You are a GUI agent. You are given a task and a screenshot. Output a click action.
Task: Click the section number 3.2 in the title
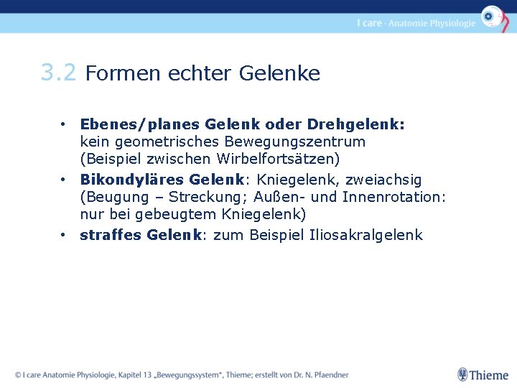[58, 73]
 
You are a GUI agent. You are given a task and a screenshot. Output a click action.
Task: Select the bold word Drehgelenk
[363, 124]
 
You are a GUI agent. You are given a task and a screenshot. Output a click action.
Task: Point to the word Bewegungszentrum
[287, 142]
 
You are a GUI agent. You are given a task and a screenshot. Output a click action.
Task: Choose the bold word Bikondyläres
[131, 180]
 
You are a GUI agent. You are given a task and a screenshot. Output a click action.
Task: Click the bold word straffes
[111, 235]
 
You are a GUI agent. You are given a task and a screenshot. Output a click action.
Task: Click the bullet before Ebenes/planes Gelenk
[64, 124]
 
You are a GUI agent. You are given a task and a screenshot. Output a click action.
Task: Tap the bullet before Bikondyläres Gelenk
[64, 180]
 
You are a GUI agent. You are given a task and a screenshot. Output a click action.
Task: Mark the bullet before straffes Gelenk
[64, 235]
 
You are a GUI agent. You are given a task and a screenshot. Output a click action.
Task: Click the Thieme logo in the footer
[483, 374]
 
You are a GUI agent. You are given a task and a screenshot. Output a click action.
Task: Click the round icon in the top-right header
[492, 16]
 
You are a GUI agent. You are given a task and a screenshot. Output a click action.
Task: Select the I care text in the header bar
[369, 23]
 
